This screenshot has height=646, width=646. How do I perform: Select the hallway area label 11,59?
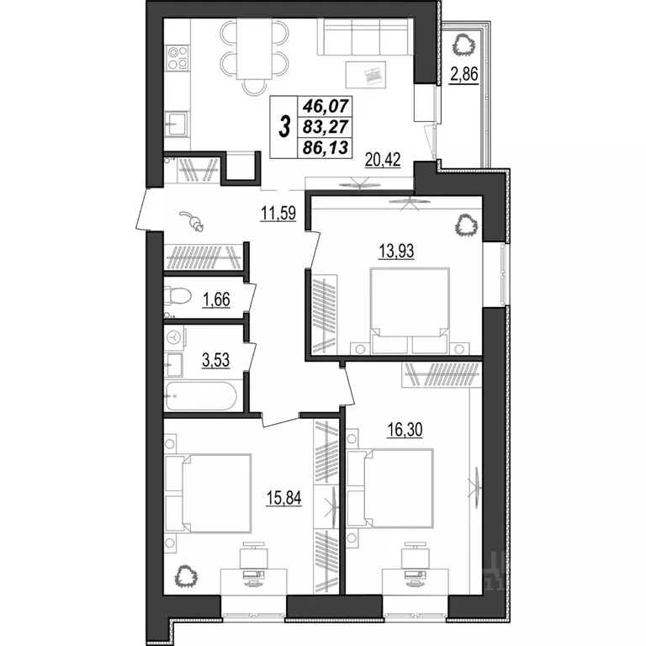pos(276,214)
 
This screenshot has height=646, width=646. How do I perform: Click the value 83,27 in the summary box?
pos(329,127)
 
